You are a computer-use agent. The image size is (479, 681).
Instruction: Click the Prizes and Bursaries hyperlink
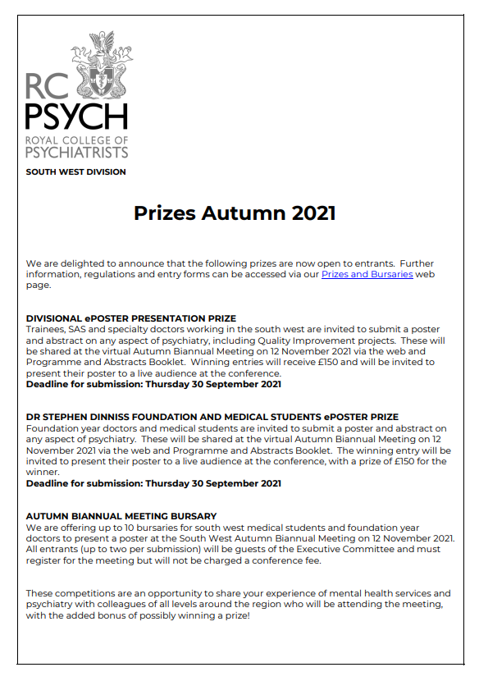pyautogui.click(x=367, y=274)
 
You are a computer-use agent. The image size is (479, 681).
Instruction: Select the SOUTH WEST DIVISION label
pyautogui.click(x=75, y=171)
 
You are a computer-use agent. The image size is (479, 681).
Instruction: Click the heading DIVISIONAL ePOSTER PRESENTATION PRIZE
pyautogui.click(x=131, y=318)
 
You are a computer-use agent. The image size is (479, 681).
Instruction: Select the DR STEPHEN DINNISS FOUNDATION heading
pyautogui.click(x=212, y=418)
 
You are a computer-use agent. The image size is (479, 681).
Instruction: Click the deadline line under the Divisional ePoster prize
pyautogui.click(x=153, y=384)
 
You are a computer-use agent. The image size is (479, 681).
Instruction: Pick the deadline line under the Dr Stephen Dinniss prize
pyautogui.click(x=153, y=483)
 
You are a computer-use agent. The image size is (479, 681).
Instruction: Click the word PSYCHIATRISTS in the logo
pyautogui.click(x=77, y=153)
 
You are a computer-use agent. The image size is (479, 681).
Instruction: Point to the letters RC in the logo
pyautogui.click(x=48, y=86)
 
